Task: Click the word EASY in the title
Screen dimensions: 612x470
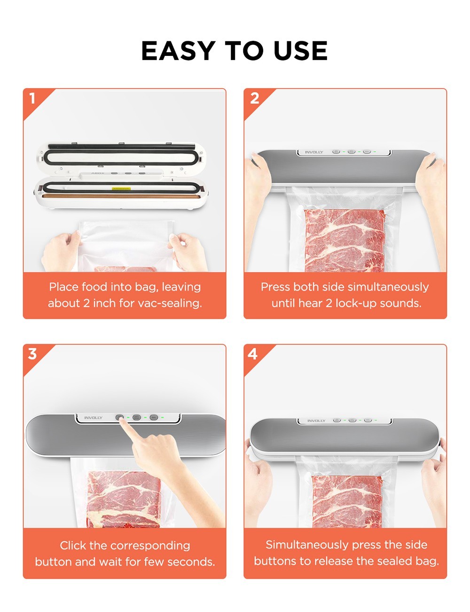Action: point(178,51)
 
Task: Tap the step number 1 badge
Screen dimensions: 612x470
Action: point(32,99)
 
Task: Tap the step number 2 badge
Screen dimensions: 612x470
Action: point(254,99)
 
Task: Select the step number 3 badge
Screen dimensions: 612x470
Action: point(32,354)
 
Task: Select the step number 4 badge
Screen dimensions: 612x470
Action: point(253,354)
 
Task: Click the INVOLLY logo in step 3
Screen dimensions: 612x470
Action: point(93,418)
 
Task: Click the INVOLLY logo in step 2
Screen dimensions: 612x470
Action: point(314,152)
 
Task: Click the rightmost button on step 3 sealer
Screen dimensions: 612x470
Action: point(154,417)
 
